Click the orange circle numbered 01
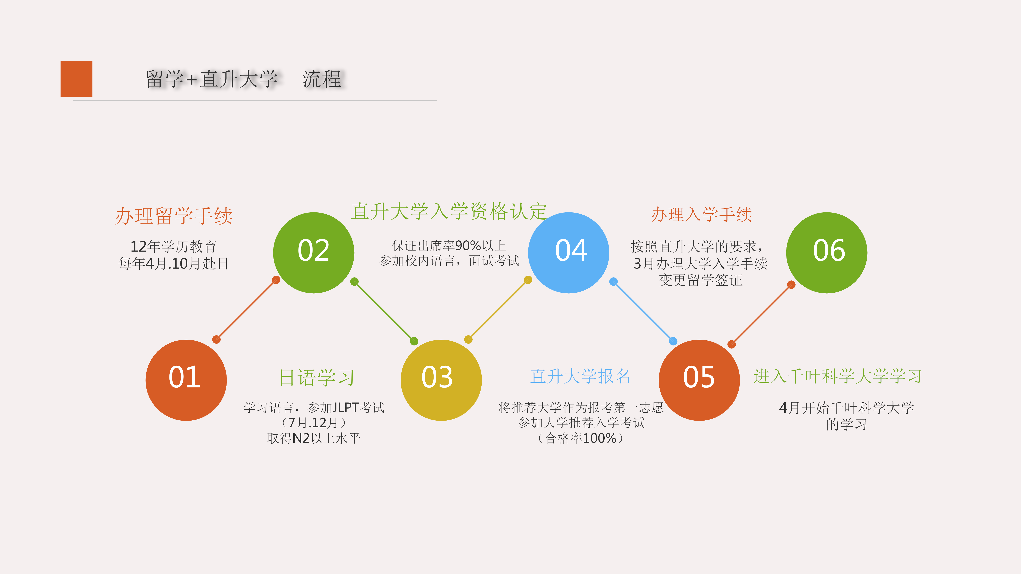pos(186,380)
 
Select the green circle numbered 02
pos(314,253)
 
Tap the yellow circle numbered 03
pos(441,380)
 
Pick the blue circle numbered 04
pos(569,253)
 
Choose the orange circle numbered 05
pos(699,380)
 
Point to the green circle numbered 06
pos(827,253)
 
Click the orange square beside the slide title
pos(77,78)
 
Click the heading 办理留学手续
pos(174,216)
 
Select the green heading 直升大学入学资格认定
pos(449,211)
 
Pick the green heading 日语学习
pos(317,378)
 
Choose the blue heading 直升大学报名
pos(580,376)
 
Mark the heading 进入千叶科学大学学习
pos(838,376)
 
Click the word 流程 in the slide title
pos(322,79)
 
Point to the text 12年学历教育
pos(174,246)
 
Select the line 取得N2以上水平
pos(314,438)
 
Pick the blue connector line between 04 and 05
pos(643,311)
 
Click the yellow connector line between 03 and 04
pos(498,309)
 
